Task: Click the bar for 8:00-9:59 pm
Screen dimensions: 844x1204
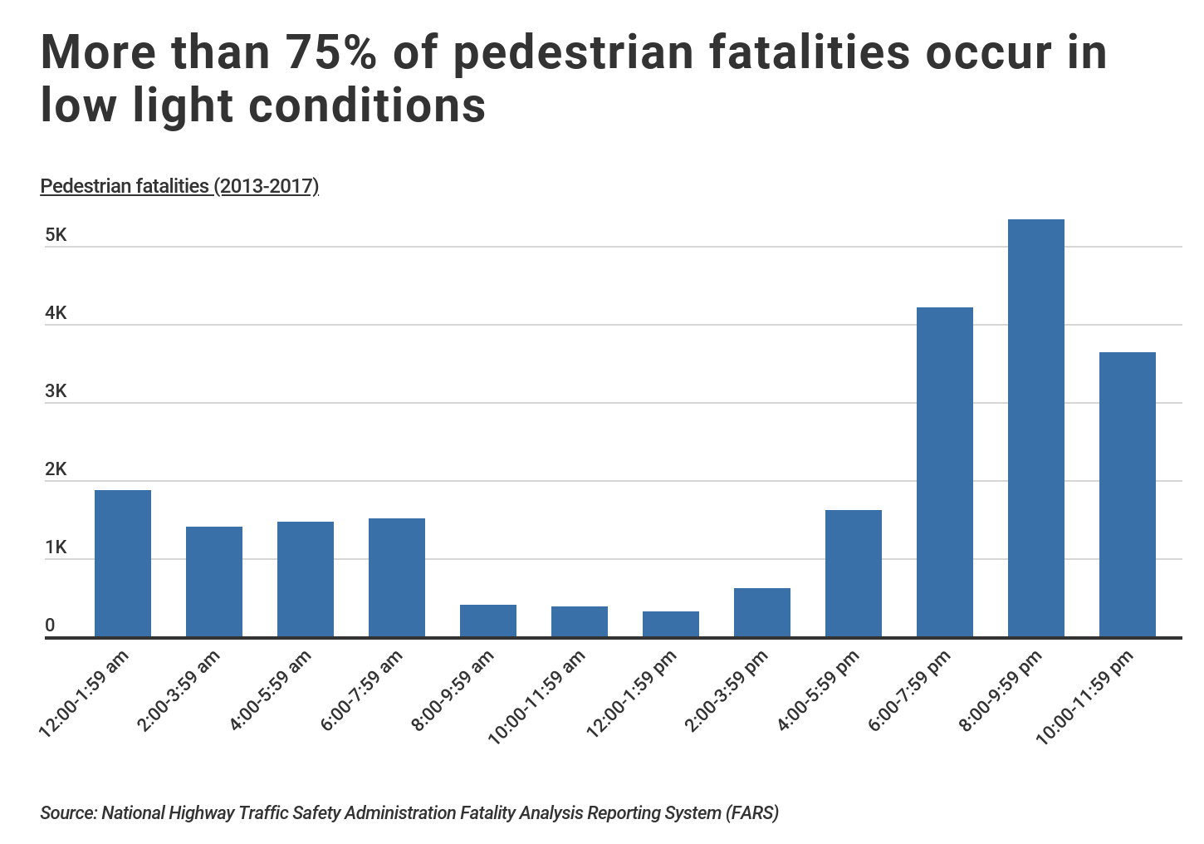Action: tap(1035, 428)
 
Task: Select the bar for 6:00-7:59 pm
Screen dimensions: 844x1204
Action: tap(944, 472)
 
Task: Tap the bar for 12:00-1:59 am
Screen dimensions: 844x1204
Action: tap(123, 563)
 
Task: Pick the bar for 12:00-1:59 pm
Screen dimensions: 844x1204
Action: tap(671, 624)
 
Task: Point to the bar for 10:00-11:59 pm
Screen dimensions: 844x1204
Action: tap(1127, 494)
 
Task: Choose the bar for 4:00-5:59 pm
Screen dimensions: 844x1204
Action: tap(853, 573)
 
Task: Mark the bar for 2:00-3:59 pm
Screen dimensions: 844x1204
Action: tap(762, 612)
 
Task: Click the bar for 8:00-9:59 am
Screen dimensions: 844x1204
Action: tap(488, 621)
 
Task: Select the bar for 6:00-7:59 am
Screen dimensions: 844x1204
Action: tap(397, 577)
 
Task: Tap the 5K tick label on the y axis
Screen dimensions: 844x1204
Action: tap(56, 235)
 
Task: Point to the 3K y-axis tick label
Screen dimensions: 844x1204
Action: tap(56, 391)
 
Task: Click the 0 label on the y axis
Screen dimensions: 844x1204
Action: tap(51, 626)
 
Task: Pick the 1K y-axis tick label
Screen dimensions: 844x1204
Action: tap(56, 547)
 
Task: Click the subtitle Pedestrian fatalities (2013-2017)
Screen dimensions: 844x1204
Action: tap(179, 185)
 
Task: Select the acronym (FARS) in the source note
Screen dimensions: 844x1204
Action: tap(752, 812)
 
